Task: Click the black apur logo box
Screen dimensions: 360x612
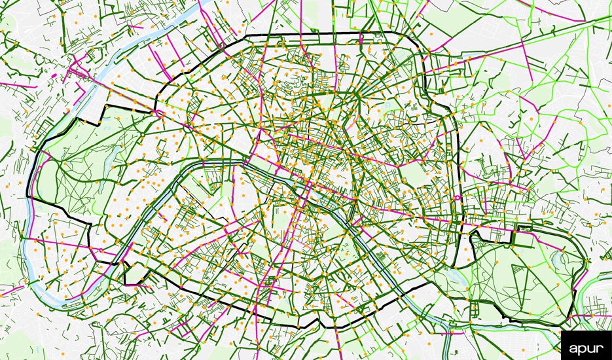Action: tap(586, 345)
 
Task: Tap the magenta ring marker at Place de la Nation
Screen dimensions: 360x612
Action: tap(457, 197)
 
